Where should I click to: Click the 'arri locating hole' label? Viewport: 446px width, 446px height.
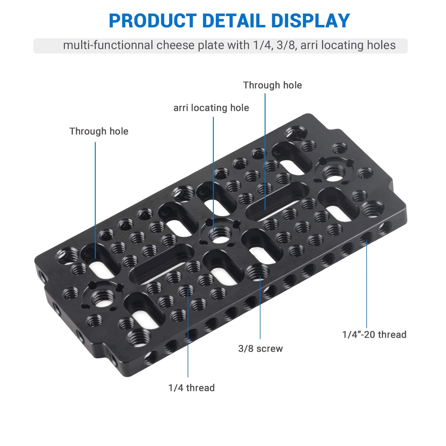[211, 108]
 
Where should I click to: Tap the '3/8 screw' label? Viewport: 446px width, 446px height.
[260, 348]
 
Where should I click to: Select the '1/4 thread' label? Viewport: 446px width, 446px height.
[191, 388]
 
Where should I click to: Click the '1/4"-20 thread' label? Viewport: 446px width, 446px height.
[374, 334]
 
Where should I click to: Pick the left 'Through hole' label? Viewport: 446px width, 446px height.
[99, 131]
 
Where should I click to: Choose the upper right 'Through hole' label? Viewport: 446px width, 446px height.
[272, 85]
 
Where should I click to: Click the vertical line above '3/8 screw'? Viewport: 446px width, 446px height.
[260, 306]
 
